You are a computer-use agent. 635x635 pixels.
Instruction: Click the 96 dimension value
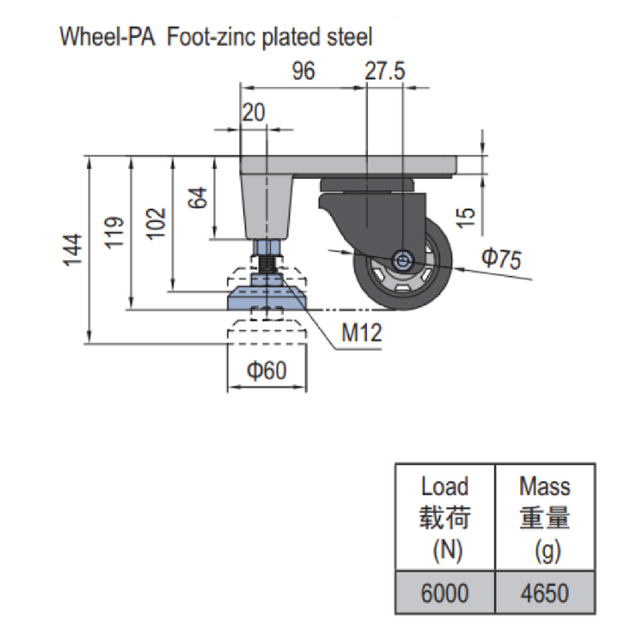tap(303, 71)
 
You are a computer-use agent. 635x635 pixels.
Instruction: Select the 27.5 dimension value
tap(385, 71)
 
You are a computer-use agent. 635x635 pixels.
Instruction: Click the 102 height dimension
tap(157, 224)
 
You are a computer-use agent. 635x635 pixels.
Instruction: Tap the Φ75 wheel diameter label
tap(502, 259)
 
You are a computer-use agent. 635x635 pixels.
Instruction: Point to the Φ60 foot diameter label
tap(266, 370)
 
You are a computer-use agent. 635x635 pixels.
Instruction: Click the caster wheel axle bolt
tap(402, 261)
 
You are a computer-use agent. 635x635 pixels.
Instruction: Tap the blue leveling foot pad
tap(266, 299)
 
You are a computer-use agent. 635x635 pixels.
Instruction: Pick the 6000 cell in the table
tap(445, 593)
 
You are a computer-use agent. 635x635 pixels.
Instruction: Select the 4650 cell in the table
tap(545, 593)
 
